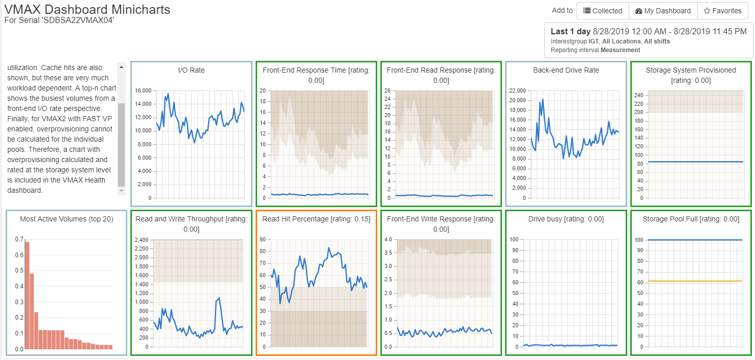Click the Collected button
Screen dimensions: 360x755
pos(603,11)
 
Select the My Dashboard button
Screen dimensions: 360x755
pos(663,11)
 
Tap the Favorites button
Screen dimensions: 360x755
pos(722,11)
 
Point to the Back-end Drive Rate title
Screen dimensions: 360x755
pos(566,70)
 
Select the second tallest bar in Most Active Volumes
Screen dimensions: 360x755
pos(32,311)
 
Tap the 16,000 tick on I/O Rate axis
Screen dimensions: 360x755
pos(143,91)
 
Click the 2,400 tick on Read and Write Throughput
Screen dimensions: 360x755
pos(141,239)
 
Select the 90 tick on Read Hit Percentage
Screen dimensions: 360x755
pos(264,239)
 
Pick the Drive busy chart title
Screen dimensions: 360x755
pos(566,219)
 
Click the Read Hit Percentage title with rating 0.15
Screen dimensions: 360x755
pos(316,219)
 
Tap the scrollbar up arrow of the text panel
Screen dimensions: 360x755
pos(121,67)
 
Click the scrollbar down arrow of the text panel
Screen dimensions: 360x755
pos(121,190)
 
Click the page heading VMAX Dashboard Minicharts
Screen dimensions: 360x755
pos(87,9)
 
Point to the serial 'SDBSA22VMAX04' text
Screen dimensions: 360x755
pos(59,20)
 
